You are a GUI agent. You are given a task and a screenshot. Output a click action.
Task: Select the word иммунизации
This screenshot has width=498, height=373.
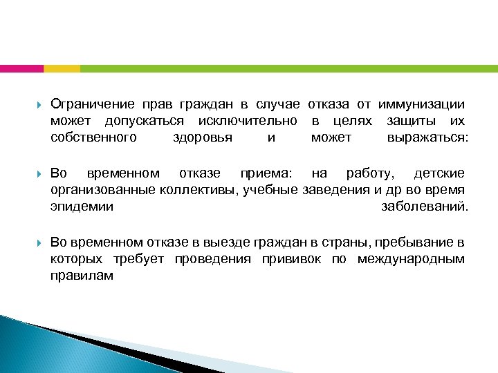pyautogui.click(x=421, y=104)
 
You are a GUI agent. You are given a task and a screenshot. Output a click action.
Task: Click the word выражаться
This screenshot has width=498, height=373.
pyautogui.click(x=427, y=137)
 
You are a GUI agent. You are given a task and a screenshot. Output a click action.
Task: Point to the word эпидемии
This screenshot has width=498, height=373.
pyautogui.click(x=82, y=206)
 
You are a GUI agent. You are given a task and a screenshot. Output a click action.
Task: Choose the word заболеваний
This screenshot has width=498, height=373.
pyautogui.click(x=424, y=206)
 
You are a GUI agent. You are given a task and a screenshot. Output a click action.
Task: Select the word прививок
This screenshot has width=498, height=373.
pyautogui.click(x=291, y=259)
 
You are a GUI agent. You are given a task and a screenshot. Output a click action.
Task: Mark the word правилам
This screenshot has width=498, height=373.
pyautogui.click(x=82, y=276)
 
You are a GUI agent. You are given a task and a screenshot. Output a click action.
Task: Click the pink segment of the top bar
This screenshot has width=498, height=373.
pyautogui.click(x=21, y=68)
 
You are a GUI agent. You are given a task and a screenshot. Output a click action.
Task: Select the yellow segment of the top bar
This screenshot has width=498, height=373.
pyautogui.click(x=62, y=68)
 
